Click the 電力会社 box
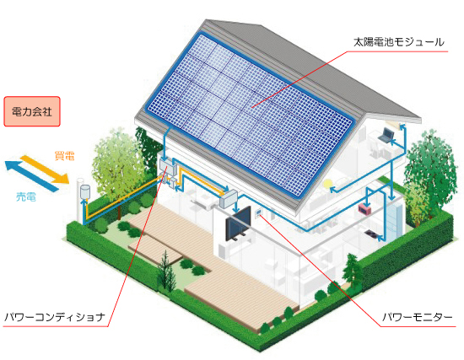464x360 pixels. (32, 111)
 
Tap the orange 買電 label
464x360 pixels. (64, 156)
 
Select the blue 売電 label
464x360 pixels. (26, 196)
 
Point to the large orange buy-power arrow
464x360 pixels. (45, 169)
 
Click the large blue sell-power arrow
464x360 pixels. (31, 175)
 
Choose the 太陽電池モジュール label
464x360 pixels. (398, 42)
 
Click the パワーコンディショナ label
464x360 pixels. (55, 317)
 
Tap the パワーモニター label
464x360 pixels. (418, 317)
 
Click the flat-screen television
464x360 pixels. (238, 224)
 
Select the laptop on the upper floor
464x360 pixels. (386, 135)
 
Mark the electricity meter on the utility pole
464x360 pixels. (85, 191)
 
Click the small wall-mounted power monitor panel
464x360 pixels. (258, 212)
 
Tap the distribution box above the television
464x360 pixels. (228, 199)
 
